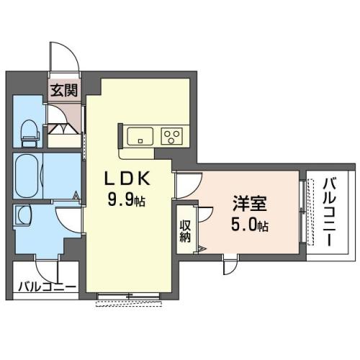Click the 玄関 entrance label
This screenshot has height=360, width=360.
click(64, 91)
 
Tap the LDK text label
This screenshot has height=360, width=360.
click(127, 179)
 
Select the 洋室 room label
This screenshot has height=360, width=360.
click(250, 204)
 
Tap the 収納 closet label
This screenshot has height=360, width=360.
click(185, 231)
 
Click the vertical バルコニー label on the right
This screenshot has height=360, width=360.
click(329, 212)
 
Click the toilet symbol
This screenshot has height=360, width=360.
click(30, 133)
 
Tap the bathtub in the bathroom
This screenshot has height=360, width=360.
click(27, 176)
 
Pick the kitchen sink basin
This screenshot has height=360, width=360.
click(140, 136)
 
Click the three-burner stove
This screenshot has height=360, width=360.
click(171, 136)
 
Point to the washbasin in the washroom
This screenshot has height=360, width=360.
click(23, 215)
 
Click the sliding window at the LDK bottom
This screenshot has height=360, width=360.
click(129, 296)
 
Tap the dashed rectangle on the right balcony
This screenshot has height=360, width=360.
click(311, 212)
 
